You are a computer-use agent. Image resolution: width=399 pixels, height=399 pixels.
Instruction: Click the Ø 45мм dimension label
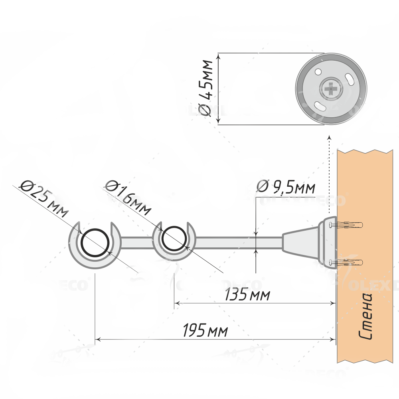[205, 88]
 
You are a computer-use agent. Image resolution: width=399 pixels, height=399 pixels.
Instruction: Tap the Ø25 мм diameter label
[44, 198]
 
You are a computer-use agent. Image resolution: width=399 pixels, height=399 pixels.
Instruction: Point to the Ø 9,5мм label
[286, 187]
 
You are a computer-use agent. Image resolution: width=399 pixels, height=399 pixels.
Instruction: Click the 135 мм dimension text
[247, 294]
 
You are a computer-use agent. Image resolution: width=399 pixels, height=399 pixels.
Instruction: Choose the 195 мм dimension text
[205, 330]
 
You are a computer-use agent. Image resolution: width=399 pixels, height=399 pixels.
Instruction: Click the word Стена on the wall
[365, 316]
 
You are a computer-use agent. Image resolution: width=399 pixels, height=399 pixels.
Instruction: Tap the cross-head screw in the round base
[330, 89]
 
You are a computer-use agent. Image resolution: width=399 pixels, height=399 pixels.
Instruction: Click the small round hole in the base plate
[318, 72]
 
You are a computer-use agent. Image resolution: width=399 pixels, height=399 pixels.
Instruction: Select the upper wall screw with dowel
[346, 225]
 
